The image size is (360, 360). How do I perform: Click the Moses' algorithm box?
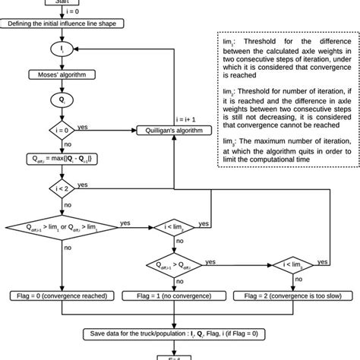[x=62, y=74]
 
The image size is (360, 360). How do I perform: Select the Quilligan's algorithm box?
[x=174, y=130]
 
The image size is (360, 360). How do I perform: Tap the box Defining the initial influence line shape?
[x=62, y=24]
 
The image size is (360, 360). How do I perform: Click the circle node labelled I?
[x=62, y=49]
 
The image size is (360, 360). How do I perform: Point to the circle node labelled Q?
[x=62, y=99]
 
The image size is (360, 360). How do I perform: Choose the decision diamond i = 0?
[x=62, y=129]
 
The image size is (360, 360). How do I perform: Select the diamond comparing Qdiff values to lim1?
[x=62, y=228]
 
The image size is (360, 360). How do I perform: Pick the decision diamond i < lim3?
[x=291, y=264]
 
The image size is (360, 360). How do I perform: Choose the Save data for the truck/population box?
[x=174, y=332]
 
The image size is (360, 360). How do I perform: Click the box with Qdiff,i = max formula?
[x=62, y=160]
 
